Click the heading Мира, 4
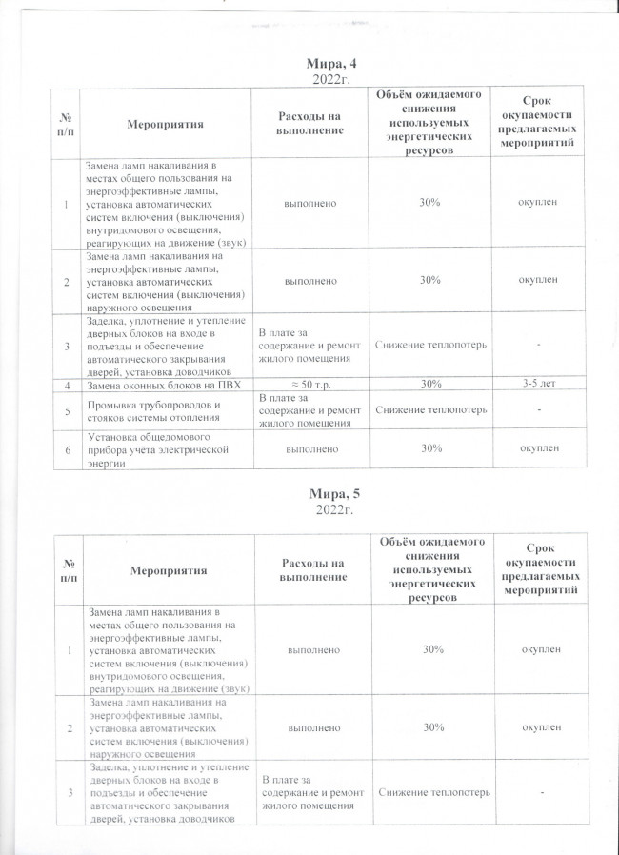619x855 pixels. [332, 64]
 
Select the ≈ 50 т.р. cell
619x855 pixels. [309, 384]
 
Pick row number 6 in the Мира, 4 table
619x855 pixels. [66, 447]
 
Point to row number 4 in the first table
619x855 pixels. [66, 384]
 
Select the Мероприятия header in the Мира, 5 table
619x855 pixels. [167, 570]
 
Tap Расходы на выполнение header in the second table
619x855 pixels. [309, 570]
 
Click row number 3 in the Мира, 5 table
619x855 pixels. [68, 793]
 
